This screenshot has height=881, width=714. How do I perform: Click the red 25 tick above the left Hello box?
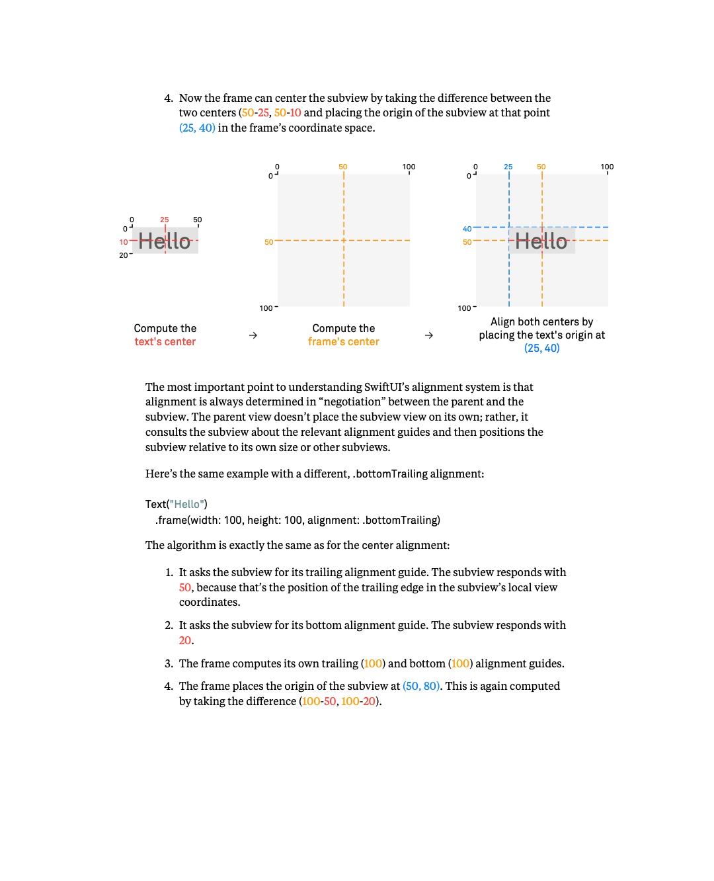[164, 219]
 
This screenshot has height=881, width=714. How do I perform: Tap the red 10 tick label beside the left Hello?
[123, 242]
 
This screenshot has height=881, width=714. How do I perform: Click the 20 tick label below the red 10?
[123, 255]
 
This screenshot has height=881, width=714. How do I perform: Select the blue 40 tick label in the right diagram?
[467, 229]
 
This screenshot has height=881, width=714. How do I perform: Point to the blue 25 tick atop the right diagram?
[508, 166]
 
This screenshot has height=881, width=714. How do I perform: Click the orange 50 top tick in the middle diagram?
[342, 166]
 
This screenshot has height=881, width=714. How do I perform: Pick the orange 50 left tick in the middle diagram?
[268, 242]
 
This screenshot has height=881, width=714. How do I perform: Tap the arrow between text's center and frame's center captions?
[253, 335]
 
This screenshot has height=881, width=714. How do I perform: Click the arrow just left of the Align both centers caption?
[429, 335]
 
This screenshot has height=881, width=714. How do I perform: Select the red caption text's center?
[165, 341]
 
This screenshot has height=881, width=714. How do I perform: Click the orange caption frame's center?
[343, 341]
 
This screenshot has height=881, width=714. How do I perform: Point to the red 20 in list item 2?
[185, 640]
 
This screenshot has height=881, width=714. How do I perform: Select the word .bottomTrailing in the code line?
[401, 519]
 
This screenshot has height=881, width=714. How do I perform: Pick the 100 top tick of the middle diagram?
[409, 166]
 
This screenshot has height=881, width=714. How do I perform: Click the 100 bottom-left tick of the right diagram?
[464, 308]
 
